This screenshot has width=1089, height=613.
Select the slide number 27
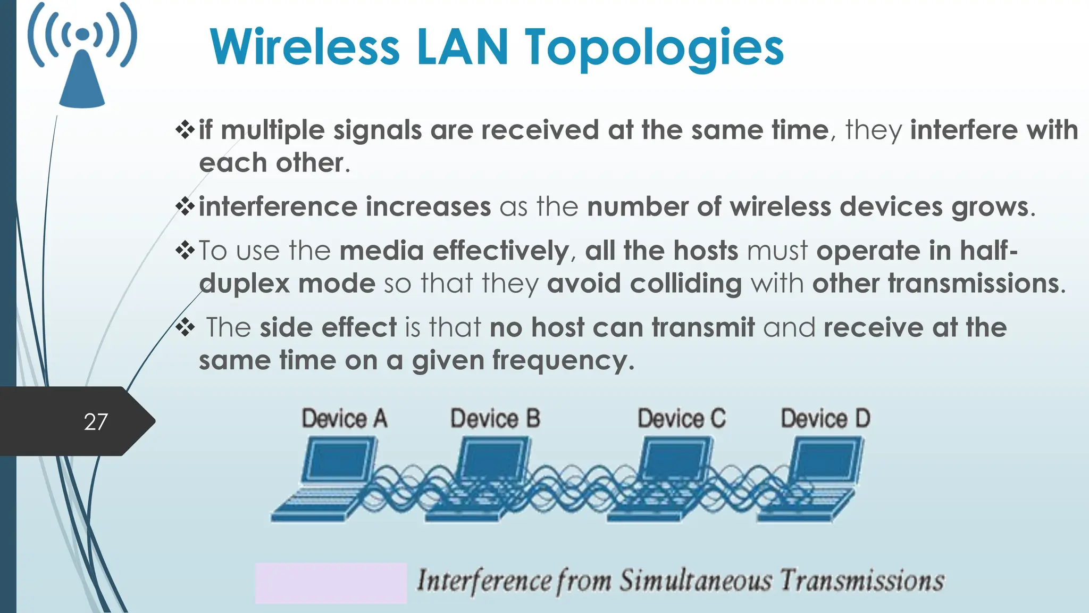point(96,422)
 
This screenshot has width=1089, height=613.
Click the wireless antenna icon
point(82,56)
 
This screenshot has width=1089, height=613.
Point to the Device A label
point(344,418)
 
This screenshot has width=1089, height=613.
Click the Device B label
point(495,418)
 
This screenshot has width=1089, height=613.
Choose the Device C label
point(681,418)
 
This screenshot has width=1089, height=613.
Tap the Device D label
point(825,418)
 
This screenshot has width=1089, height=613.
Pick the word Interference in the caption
point(483,581)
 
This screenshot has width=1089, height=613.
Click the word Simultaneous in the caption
point(695,581)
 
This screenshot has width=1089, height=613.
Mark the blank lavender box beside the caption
point(331,583)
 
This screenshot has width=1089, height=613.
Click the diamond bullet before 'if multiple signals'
point(185,130)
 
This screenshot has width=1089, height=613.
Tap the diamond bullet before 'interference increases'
point(185,206)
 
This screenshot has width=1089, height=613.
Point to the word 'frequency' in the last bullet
point(563,361)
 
